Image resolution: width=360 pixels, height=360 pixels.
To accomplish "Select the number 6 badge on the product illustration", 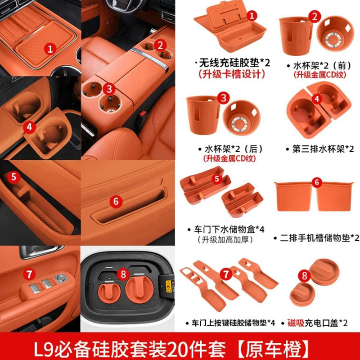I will tap(316, 182).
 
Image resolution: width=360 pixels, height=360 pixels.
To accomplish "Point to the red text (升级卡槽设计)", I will tap(232, 75).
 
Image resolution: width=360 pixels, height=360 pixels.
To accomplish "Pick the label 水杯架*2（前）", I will tap(320, 64).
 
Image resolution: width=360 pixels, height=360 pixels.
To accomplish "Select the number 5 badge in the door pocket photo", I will tap(14, 177).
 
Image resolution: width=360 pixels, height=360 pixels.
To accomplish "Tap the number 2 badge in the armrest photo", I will tap(159, 45).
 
